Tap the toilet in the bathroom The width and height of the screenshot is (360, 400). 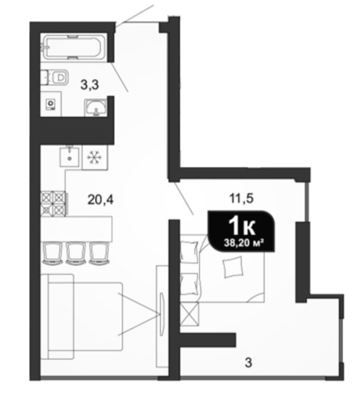[x=58, y=77]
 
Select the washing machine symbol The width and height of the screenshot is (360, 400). [x=50, y=105]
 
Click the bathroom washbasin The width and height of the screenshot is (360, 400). [x=95, y=107]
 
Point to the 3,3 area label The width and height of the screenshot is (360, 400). [x=90, y=85]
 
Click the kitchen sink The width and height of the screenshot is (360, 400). [x=69, y=157]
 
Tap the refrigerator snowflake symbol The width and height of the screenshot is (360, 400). [x=94, y=157]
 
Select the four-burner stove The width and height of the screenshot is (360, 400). [x=54, y=203]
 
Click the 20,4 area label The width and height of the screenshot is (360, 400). [x=100, y=200]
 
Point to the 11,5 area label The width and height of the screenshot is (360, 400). [x=241, y=198]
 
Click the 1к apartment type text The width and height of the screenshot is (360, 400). [x=242, y=227]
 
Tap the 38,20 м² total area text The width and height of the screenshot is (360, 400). [x=243, y=243]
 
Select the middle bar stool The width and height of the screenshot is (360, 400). [x=75, y=253]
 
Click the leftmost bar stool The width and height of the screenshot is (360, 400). [x=53, y=253]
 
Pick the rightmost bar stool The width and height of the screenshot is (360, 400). [x=99, y=253]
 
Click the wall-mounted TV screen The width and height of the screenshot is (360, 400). [x=162, y=315]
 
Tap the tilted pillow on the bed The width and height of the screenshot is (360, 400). [x=233, y=267]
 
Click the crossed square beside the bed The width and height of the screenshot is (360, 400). [x=189, y=314]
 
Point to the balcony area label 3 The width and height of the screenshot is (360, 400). [x=248, y=362]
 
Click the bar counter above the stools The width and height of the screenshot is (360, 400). [x=77, y=229]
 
